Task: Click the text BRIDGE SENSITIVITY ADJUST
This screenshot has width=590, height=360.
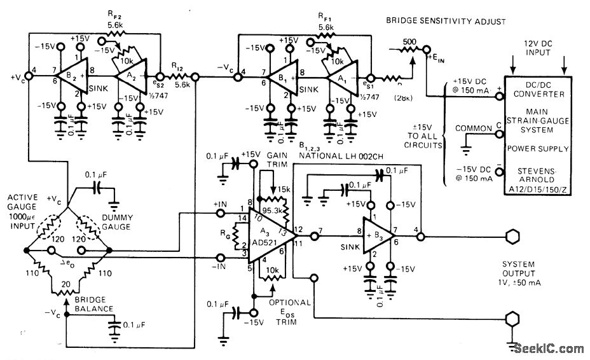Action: (x=446, y=21)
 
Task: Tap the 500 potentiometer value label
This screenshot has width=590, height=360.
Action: (x=410, y=43)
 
